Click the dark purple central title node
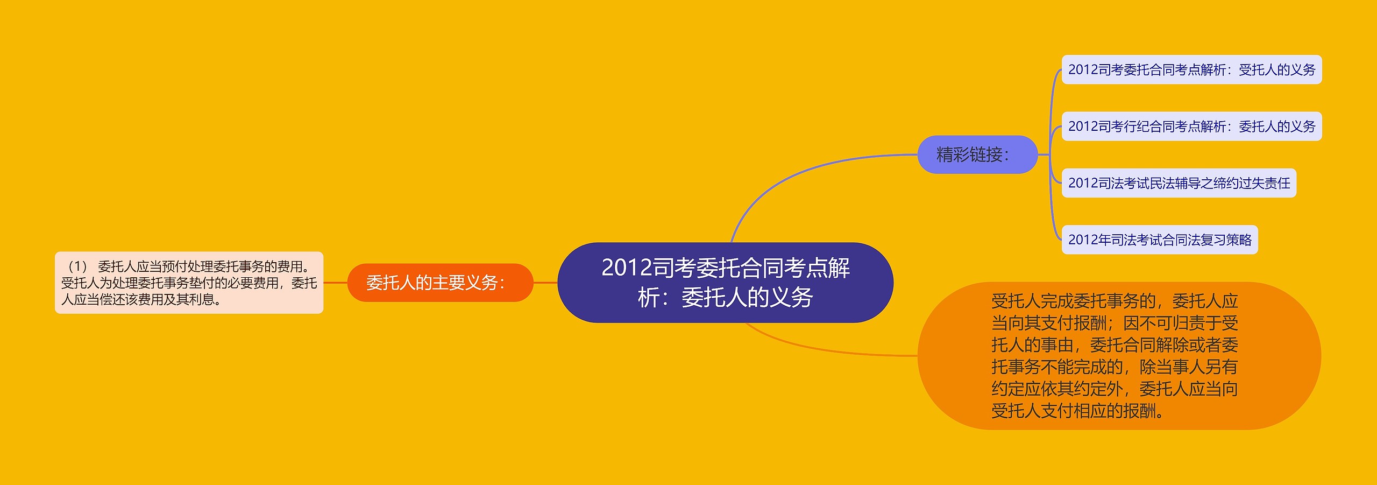click(x=725, y=283)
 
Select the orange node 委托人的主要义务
click(x=440, y=283)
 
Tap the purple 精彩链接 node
click(x=977, y=154)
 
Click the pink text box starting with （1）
click(x=189, y=283)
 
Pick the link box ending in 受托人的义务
click(x=1191, y=69)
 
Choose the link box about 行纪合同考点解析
click(x=1191, y=126)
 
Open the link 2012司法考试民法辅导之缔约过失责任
click(x=1179, y=183)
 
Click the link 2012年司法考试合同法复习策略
click(x=1160, y=240)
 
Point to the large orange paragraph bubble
click(x=1119, y=356)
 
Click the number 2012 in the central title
click(x=627, y=268)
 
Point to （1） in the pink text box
click(x=77, y=266)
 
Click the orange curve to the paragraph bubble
click(x=828, y=350)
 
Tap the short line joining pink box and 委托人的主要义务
click(x=336, y=283)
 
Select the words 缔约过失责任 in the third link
click(x=1252, y=184)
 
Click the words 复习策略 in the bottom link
click(x=1226, y=240)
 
